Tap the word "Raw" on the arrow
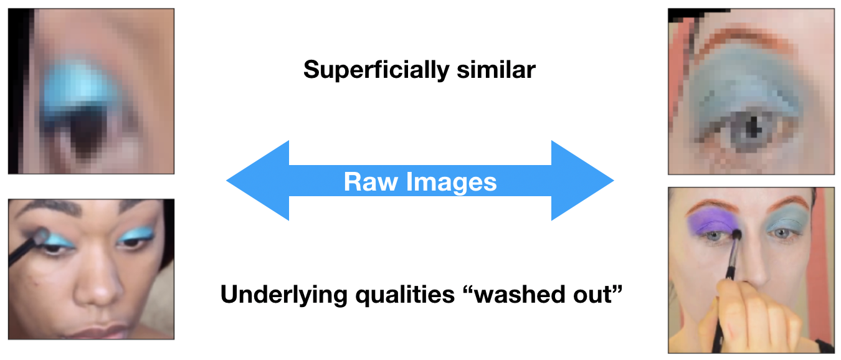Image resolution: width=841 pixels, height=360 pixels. coord(370,182)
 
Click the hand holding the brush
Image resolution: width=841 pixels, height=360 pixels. coord(748,311)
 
